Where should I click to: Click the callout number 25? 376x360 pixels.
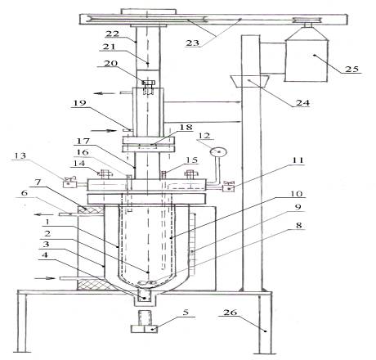351,69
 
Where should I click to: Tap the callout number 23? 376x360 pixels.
193,43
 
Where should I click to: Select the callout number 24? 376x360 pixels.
302,102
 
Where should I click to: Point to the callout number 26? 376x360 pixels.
231,312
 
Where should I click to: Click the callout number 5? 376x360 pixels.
186,312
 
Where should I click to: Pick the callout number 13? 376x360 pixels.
20,155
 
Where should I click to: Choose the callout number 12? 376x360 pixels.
204,136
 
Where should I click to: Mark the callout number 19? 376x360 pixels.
79,103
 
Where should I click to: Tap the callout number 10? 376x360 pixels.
296,194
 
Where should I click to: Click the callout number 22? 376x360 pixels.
113,34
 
